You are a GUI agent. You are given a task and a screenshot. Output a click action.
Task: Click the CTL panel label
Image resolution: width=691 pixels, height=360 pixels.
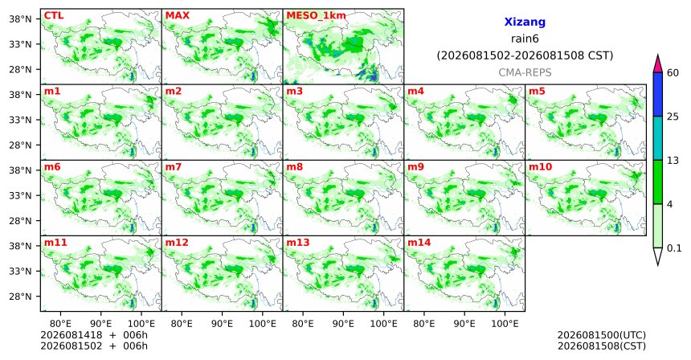[x=54, y=15]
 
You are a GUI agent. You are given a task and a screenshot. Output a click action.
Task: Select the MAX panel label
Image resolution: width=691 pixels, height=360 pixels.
[x=177, y=15]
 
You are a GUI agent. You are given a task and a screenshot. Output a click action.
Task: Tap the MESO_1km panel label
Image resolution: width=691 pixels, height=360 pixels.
[x=316, y=16]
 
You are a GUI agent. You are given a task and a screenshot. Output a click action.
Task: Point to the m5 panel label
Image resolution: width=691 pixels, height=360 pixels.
[x=537, y=92]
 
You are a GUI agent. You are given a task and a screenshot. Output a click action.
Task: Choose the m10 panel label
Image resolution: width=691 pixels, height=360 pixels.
[x=540, y=167]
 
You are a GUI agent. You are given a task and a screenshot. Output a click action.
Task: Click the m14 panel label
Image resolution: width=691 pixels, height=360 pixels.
[x=419, y=243]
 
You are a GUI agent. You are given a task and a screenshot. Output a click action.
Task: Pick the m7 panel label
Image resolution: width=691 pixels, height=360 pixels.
[x=174, y=167]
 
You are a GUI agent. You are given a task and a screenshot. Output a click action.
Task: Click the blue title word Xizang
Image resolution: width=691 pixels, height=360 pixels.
[x=525, y=22]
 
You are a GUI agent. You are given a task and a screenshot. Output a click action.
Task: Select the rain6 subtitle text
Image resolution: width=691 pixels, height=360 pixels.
[x=525, y=39]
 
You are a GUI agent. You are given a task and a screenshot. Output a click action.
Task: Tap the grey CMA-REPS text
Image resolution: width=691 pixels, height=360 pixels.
[x=525, y=72]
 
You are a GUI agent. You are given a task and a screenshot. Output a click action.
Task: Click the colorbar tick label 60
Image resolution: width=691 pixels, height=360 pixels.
[x=673, y=73]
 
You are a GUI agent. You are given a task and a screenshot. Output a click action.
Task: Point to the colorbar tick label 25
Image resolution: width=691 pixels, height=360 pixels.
[x=673, y=117]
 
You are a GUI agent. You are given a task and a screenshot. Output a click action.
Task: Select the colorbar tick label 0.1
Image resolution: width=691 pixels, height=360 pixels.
[x=674, y=248]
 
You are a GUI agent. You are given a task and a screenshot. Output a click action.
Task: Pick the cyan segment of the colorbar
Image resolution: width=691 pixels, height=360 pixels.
[x=658, y=138]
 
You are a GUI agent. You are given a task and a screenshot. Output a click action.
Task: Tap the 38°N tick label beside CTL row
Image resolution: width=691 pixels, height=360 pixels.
[x=20, y=19]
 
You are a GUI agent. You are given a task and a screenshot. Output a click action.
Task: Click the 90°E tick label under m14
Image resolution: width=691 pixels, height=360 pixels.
[x=464, y=324]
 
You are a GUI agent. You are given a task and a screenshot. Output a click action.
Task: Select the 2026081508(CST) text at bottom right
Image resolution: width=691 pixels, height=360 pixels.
[x=602, y=346]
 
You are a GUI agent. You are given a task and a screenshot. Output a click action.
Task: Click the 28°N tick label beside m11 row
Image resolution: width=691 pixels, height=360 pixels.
[x=20, y=297]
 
